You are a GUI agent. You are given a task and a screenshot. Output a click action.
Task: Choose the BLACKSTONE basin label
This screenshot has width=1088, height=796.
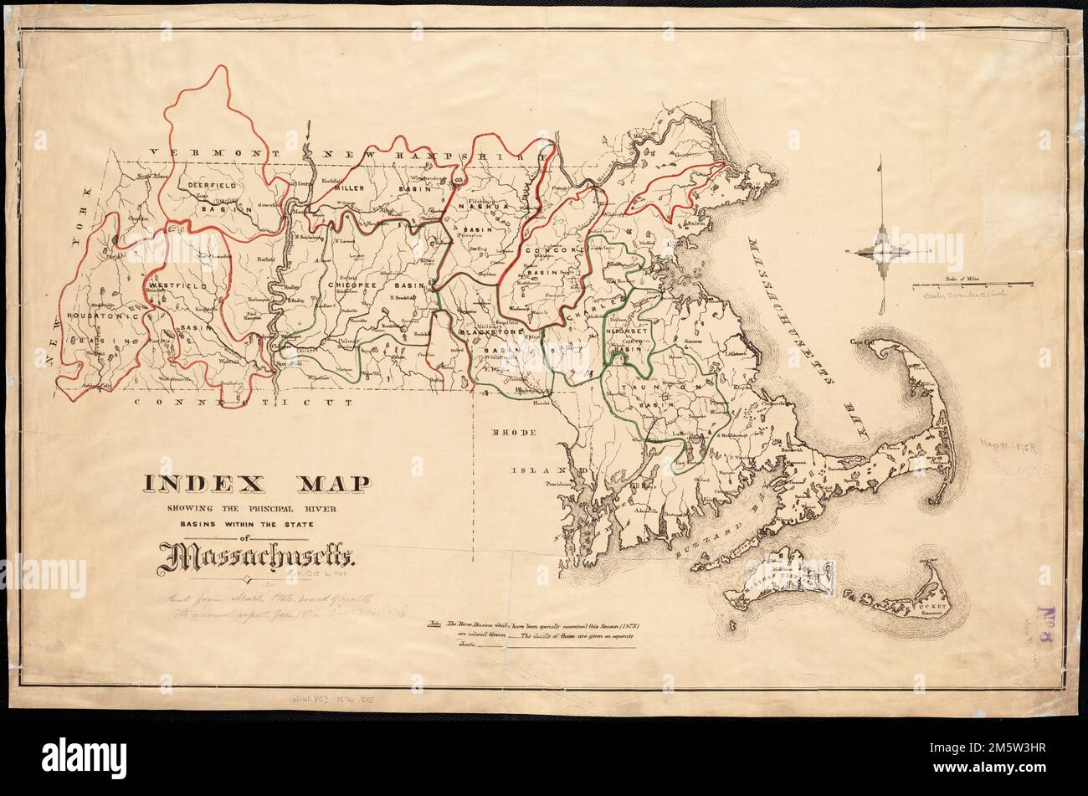(x=490, y=332)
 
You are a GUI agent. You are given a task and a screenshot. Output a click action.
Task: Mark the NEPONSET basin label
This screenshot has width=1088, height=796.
(x=627, y=331)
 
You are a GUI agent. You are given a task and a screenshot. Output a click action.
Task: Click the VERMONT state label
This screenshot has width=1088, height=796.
(x=195, y=153)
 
